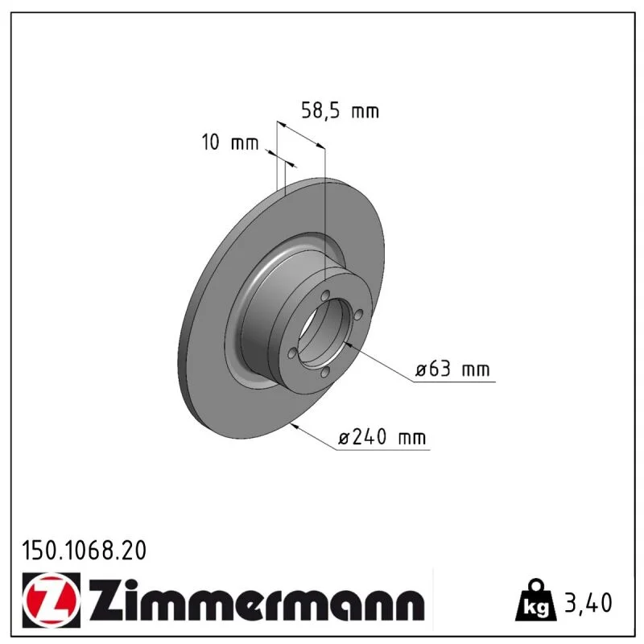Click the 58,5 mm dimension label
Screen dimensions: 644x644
[x=340, y=111]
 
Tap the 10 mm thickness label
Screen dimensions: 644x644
[x=230, y=142]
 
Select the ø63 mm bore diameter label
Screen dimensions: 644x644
[x=452, y=369]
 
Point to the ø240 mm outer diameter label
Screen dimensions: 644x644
[x=382, y=437]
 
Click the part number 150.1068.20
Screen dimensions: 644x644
[x=85, y=551]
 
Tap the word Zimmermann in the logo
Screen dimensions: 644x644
[x=257, y=601]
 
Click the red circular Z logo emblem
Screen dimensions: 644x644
[x=51, y=601]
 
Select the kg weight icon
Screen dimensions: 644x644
[x=536, y=600]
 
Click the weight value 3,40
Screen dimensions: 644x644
[x=588, y=602]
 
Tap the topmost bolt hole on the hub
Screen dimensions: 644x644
[x=326, y=295]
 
